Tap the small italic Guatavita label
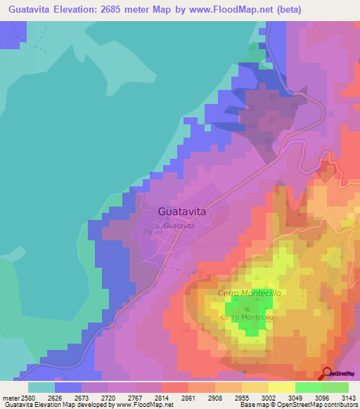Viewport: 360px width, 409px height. (x=178, y=226)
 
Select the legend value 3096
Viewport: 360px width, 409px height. (x=307, y=396)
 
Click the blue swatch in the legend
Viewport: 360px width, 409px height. (x=68, y=387)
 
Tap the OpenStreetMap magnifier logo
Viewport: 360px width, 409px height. (x=327, y=373)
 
